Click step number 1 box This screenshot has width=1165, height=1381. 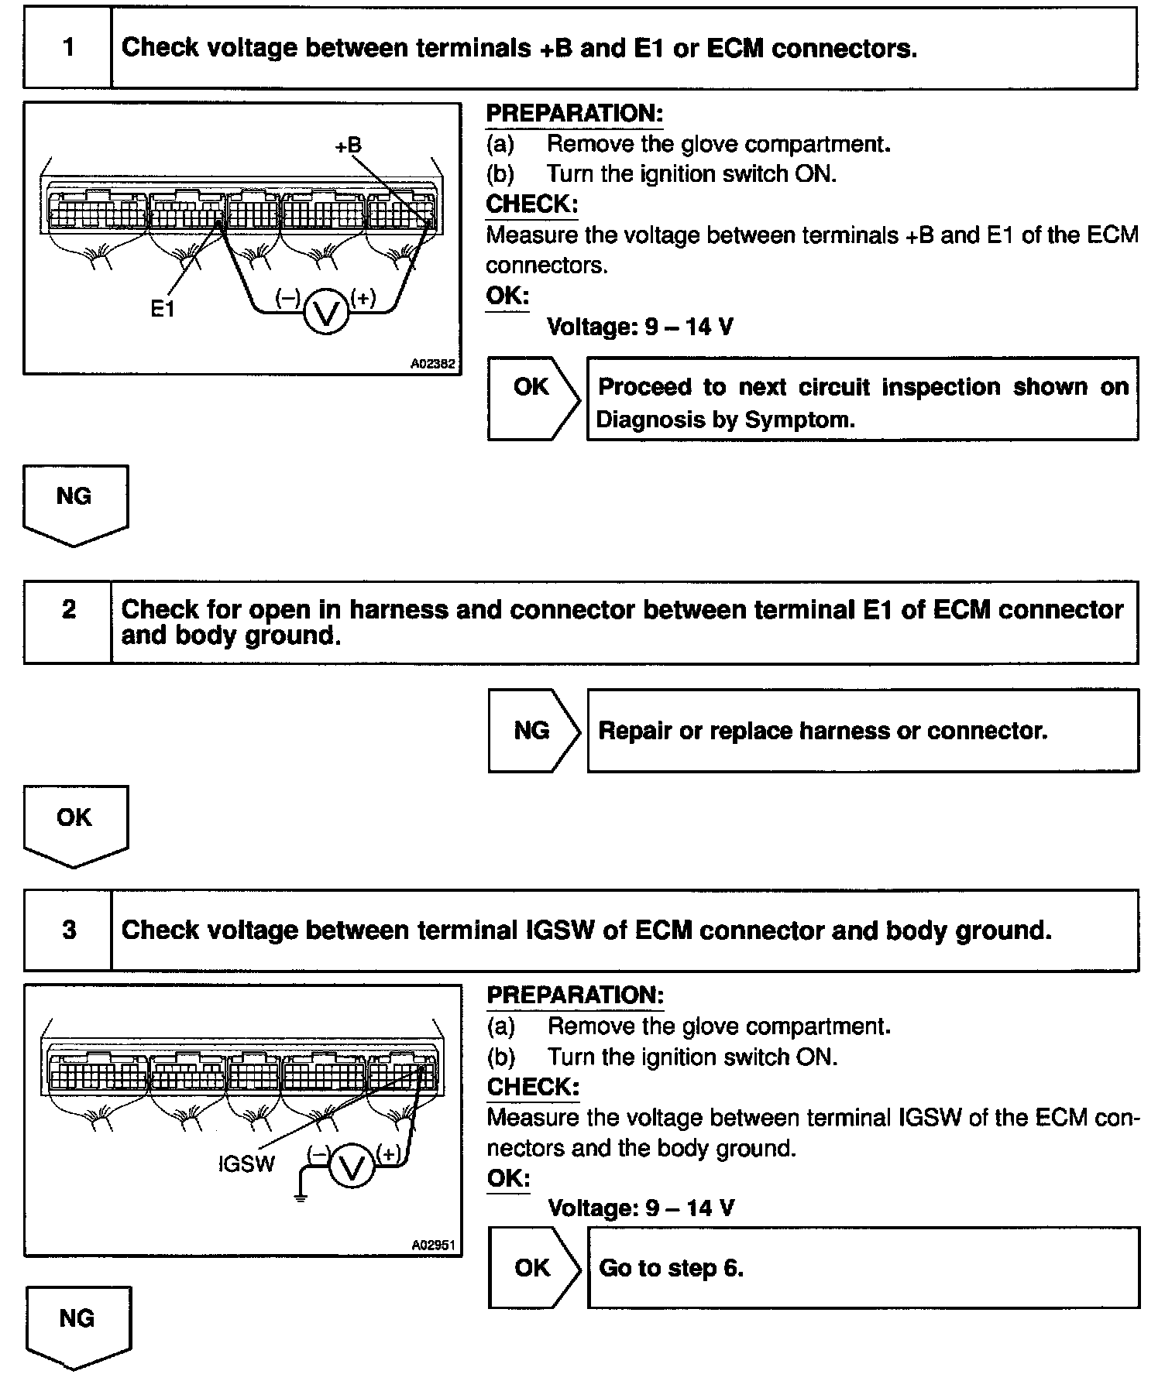68,48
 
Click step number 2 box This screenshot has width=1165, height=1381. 68,610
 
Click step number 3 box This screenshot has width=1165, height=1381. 69,930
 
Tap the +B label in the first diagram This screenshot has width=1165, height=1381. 348,145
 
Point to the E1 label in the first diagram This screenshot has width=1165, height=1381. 163,310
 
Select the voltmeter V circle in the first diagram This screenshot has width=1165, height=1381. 326,312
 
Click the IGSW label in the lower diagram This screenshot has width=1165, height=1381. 246,1163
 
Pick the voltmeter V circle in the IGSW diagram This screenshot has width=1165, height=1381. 352,1167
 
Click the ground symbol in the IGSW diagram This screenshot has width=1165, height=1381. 301,1197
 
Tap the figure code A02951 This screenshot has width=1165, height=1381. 433,1246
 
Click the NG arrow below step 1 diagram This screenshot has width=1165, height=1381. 75,502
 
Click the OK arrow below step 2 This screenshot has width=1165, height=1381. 75,823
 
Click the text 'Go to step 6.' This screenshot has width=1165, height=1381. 671,1268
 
